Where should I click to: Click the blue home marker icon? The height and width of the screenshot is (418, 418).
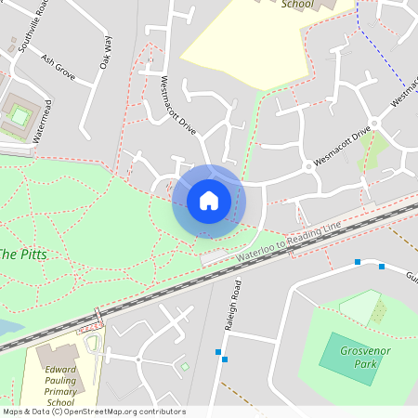209,200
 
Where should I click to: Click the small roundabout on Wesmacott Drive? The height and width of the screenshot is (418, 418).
308,167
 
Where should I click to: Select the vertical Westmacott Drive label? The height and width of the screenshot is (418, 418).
179,103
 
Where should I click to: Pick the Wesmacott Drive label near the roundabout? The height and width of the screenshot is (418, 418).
342,147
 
